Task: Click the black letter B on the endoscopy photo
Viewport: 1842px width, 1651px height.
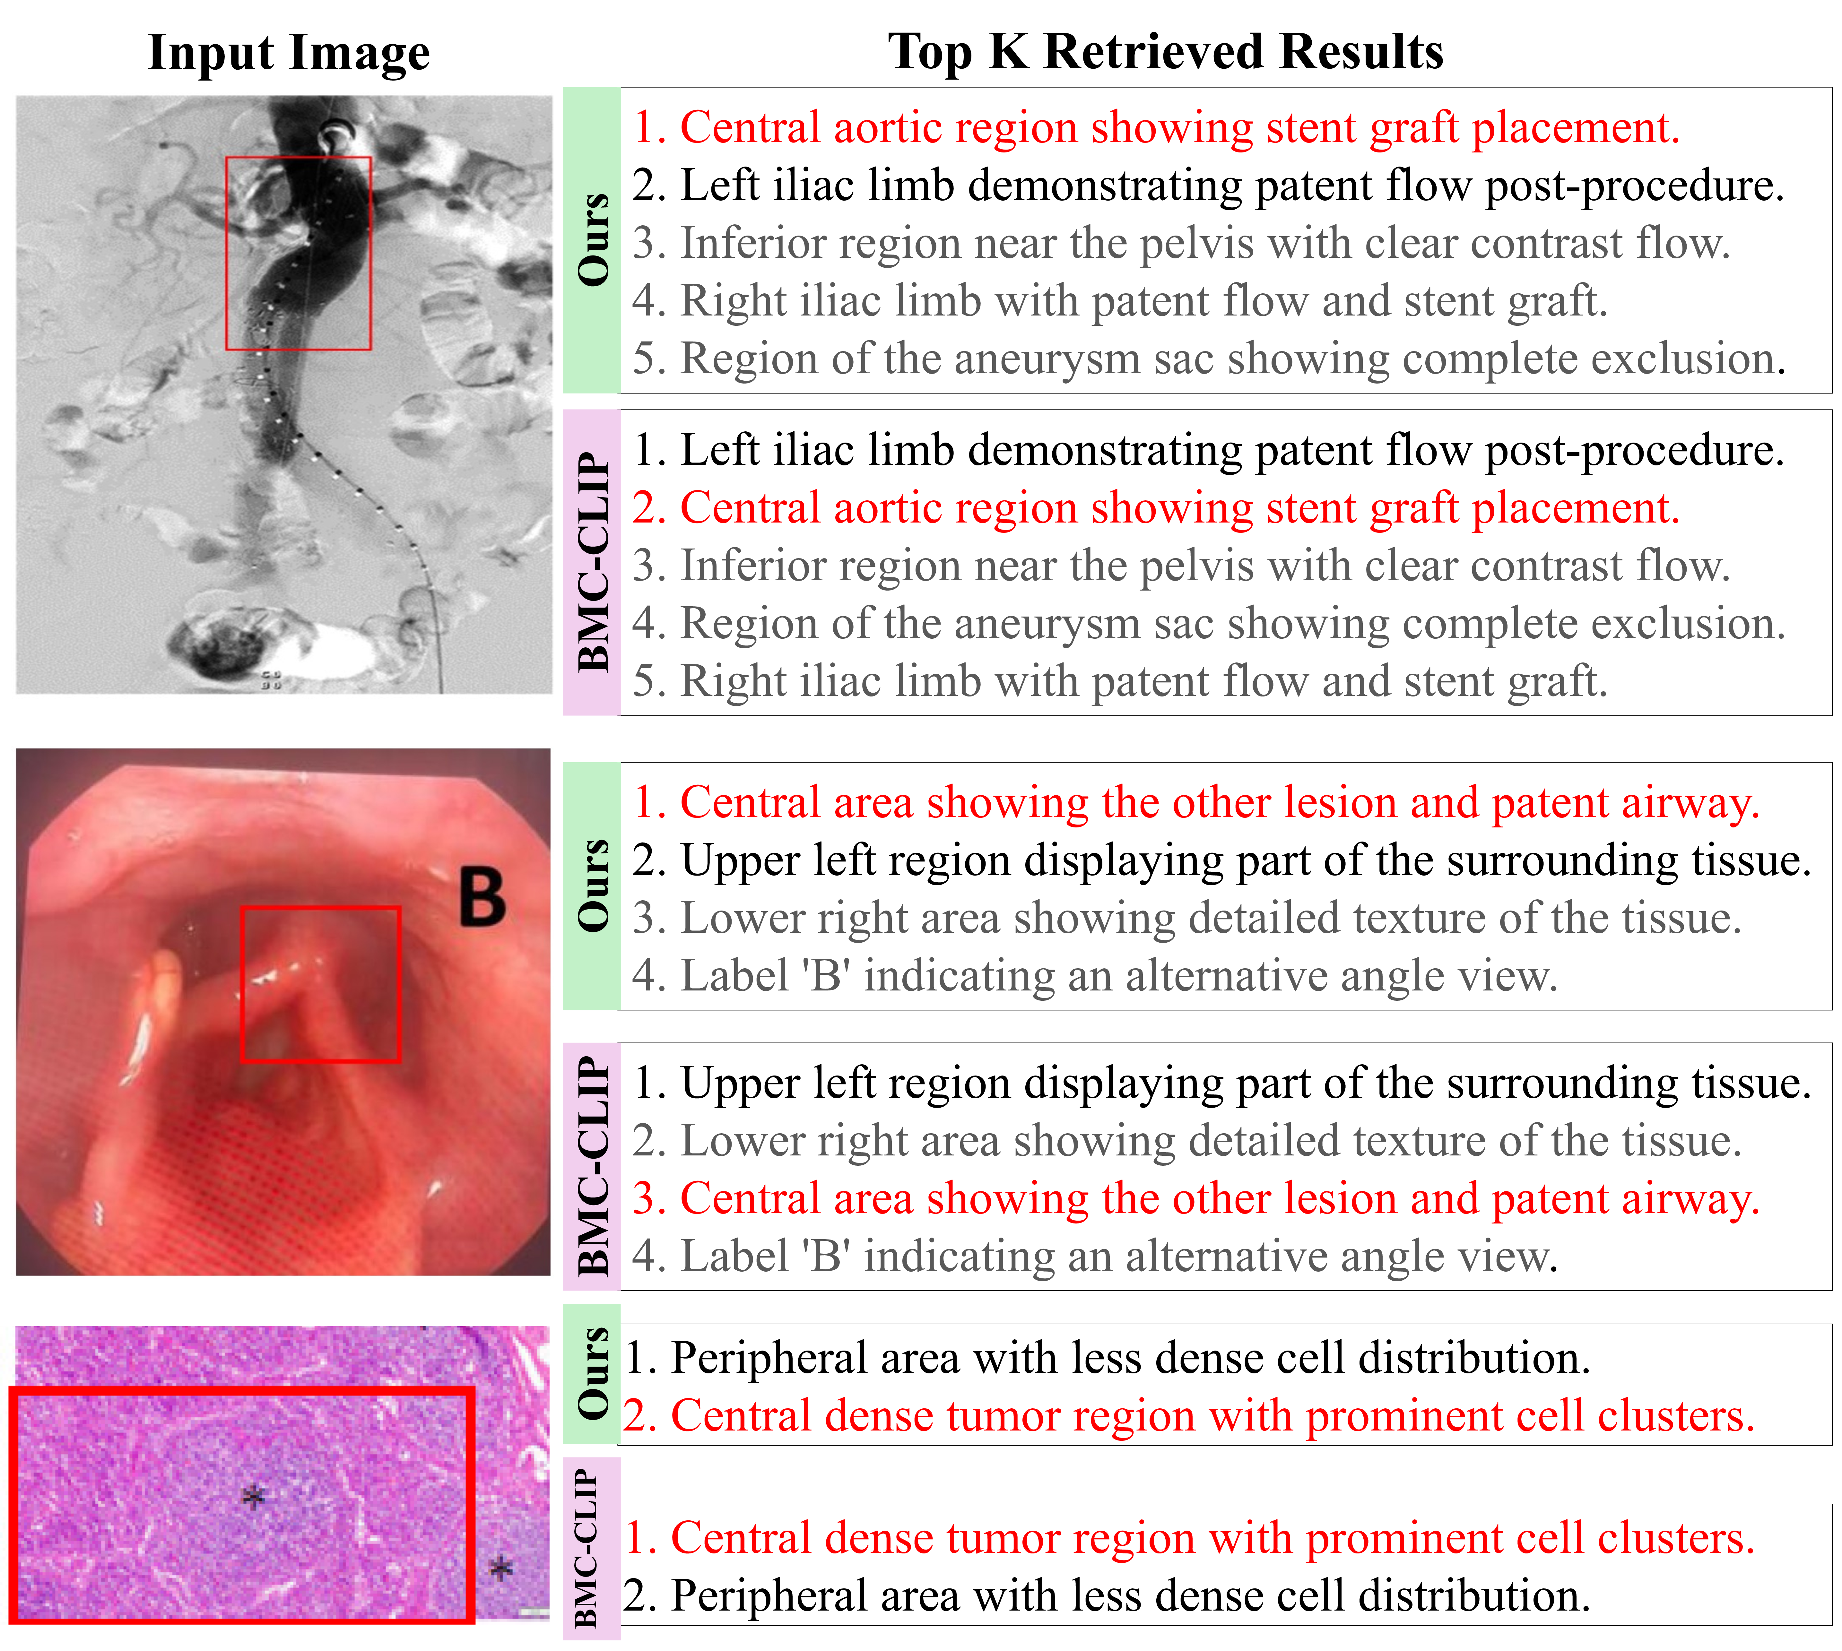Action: (482, 897)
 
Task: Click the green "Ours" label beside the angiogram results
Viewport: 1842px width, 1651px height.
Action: (593, 240)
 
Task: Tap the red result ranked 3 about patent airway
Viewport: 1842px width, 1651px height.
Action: (1196, 1199)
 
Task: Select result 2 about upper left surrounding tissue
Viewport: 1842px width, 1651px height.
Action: (1221, 861)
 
